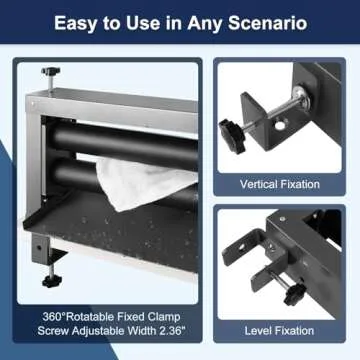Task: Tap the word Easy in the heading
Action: tap(75, 23)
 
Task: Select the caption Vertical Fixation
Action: tap(280, 184)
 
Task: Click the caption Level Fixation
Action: tap(279, 331)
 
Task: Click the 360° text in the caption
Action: tap(54, 317)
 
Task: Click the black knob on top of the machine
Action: tap(51, 71)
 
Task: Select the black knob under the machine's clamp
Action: tap(51, 282)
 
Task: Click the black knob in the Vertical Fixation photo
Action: tap(232, 135)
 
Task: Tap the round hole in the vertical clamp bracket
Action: tap(280, 125)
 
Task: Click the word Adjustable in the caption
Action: tap(101, 331)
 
